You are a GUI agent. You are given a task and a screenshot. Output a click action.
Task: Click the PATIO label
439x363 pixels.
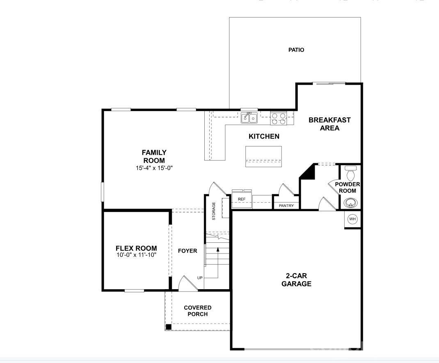(296, 50)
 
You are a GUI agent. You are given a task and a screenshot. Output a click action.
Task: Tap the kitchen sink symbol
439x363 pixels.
(249, 118)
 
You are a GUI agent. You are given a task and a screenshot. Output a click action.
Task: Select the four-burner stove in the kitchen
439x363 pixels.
(279, 119)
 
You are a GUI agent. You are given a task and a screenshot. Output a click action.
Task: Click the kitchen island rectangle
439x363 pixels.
(263, 156)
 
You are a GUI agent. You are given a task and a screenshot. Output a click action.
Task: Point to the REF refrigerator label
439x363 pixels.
(242, 199)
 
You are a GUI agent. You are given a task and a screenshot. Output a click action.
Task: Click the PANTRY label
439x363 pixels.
(286, 205)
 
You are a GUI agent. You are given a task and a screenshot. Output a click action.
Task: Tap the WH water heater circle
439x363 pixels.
(352, 219)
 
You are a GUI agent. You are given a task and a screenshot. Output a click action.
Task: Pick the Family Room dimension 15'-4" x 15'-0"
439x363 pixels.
(154, 168)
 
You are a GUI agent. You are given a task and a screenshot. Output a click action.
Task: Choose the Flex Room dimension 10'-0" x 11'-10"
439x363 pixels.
(136, 255)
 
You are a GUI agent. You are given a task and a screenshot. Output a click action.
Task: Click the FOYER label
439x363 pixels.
(187, 251)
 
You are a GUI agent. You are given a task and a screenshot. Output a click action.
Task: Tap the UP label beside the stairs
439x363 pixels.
(200, 278)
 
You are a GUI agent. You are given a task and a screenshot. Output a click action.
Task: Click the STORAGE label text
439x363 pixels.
(213, 211)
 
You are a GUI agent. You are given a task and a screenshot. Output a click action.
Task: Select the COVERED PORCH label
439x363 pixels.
(197, 310)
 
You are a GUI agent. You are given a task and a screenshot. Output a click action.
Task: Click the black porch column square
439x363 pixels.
(168, 327)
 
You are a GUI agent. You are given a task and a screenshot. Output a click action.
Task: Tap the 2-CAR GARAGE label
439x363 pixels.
(296, 280)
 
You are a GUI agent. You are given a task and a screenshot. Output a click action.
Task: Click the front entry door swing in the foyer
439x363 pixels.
(186, 283)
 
